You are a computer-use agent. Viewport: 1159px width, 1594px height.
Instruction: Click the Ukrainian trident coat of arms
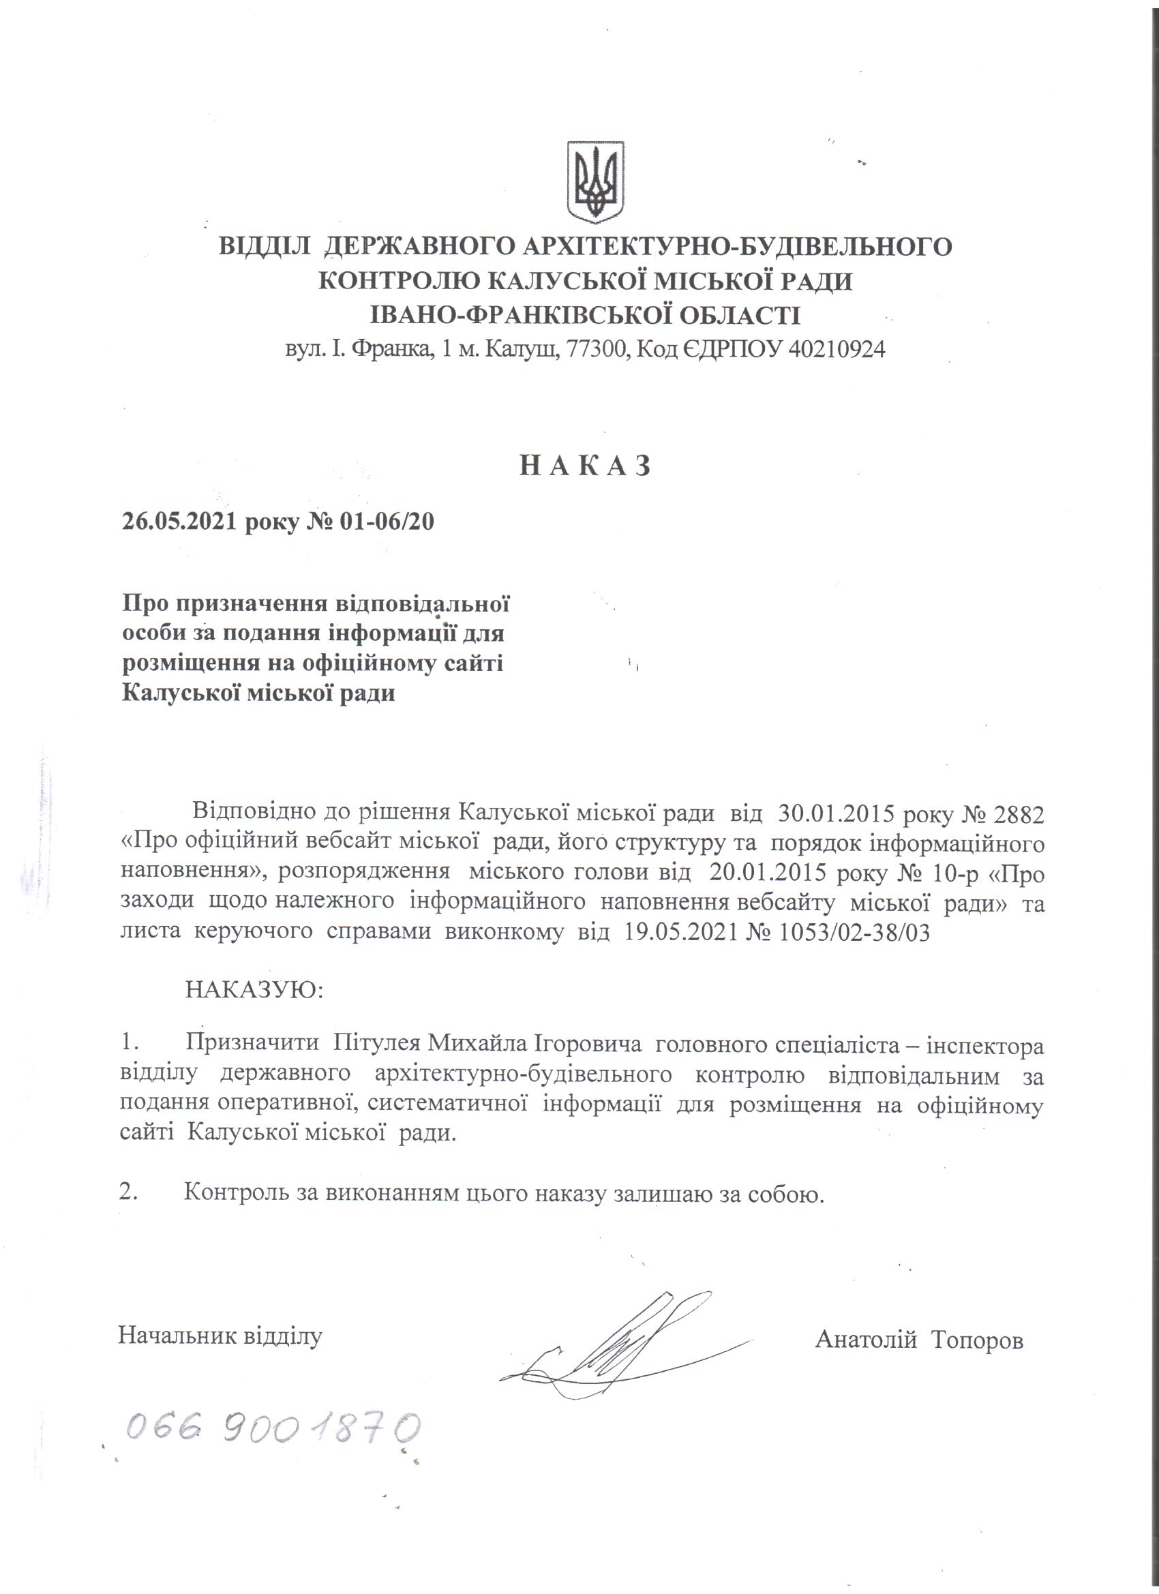click(x=595, y=182)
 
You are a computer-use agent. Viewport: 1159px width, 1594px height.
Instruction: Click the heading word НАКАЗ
click(x=585, y=465)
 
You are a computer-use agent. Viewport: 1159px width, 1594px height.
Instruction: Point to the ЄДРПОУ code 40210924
click(x=837, y=349)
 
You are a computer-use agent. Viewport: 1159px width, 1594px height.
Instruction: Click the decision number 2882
click(x=1018, y=814)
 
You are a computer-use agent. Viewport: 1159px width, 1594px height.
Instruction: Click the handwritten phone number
click(x=273, y=1428)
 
